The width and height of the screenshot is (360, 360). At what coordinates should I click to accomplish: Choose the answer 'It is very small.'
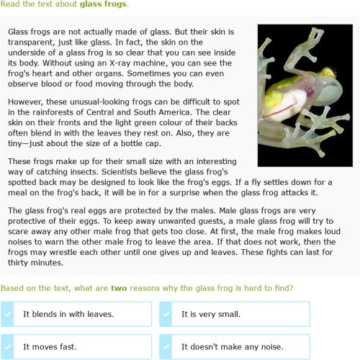210,314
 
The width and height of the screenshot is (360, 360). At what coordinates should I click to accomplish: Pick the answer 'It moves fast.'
50,346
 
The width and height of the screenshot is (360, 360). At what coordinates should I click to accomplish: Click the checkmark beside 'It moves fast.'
8,346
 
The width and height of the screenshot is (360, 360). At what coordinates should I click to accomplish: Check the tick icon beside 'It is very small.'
166,314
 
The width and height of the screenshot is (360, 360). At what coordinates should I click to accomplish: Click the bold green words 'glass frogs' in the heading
104,5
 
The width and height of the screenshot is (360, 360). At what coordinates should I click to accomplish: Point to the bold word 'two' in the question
119,288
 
